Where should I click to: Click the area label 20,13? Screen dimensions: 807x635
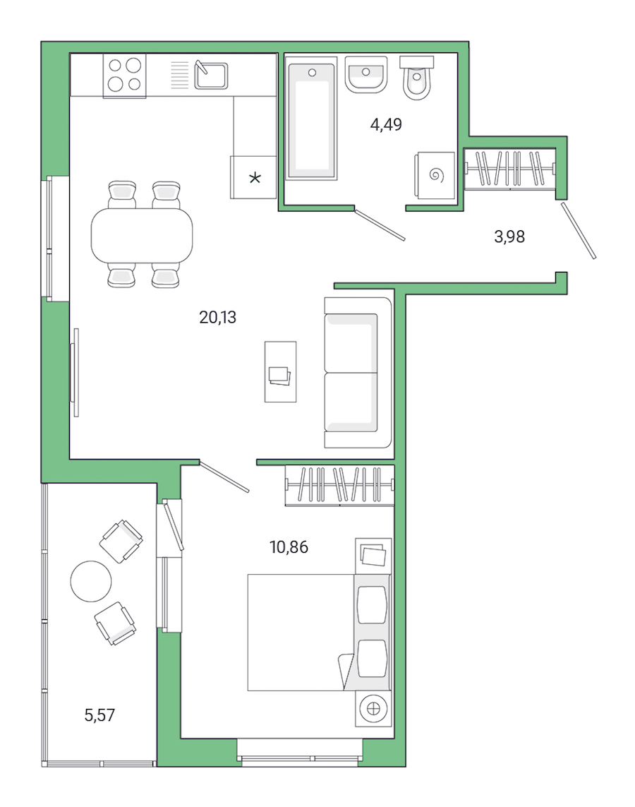click(217, 318)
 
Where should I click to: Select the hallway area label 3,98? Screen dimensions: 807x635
click(509, 237)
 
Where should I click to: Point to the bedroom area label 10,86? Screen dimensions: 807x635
click(289, 546)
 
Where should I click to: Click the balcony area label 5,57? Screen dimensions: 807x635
click(99, 715)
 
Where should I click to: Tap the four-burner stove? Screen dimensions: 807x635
click(124, 76)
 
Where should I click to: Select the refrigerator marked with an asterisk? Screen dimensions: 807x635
click(254, 177)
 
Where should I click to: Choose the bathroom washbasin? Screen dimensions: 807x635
click(366, 74)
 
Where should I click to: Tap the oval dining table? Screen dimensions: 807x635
click(142, 234)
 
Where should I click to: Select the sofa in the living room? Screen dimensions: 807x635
click(357, 372)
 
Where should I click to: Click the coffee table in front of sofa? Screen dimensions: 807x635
click(280, 371)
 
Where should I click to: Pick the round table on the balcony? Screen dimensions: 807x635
click(91, 581)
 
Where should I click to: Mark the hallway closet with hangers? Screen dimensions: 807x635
click(510, 169)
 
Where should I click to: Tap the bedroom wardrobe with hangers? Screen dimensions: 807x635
click(339, 486)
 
